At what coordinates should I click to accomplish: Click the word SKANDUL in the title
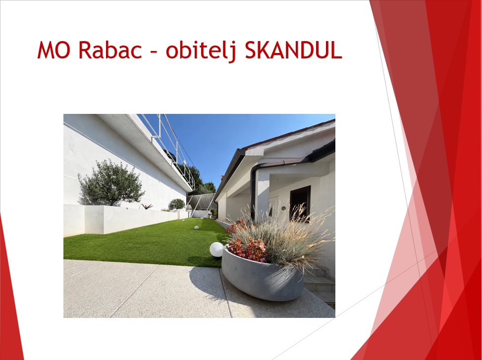tap(294, 50)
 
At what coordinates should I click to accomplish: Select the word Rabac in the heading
tap(110, 50)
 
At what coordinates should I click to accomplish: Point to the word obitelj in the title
tap(201, 51)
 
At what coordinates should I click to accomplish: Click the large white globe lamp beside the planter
tap(216, 250)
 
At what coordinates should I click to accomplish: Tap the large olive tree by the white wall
tap(110, 183)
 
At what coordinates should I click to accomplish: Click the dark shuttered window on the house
tap(300, 203)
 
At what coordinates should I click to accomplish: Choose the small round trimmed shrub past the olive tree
tap(177, 205)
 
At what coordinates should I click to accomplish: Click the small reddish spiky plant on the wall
tap(147, 206)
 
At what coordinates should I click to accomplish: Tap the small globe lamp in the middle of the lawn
tap(197, 228)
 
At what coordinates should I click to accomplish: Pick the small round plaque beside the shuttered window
tap(283, 208)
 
